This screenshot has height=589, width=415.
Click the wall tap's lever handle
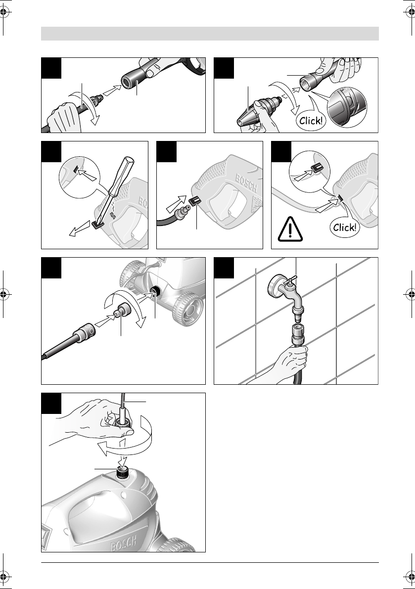point(291,280)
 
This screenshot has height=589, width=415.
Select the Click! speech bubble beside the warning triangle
point(344,227)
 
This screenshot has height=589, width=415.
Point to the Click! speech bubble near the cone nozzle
point(311,121)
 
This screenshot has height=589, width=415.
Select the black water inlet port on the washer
point(154,291)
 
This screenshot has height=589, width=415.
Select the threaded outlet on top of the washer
point(122,471)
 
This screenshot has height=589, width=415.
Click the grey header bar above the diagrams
point(210,34)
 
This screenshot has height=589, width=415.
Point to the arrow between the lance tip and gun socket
point(112,90)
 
